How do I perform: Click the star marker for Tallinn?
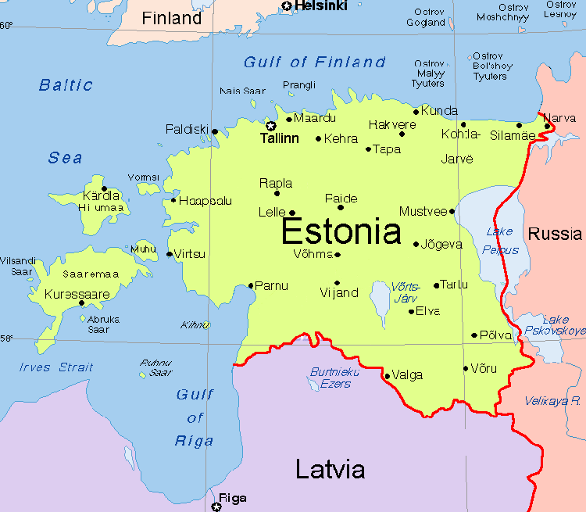click(x=271, y=125)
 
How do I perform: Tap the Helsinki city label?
click(x=320, y=6)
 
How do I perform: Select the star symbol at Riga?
click(x=216, y=507)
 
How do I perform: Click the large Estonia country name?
click(x=341, y=232)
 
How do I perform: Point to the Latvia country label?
click(x=330, y=469)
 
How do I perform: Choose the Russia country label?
click(x=555, y=234)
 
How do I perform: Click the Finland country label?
click(x=171, y=18)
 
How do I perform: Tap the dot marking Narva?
click(x=548, y=126)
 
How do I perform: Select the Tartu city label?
click(x=455, y=285)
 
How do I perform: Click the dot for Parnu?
click(x=251, y=285)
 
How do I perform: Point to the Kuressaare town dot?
click(x=82, y=303)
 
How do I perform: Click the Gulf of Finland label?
click(x=315, y=63)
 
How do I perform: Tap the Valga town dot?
click(x=387, y=376)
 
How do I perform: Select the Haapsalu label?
click(x=205, y=201)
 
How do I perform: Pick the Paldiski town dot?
click(x=215, y=131)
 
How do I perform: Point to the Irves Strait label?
click(x=56, y=367)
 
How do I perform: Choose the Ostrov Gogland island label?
click(x=426, y=16)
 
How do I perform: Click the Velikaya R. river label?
click(x=553, y=400)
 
